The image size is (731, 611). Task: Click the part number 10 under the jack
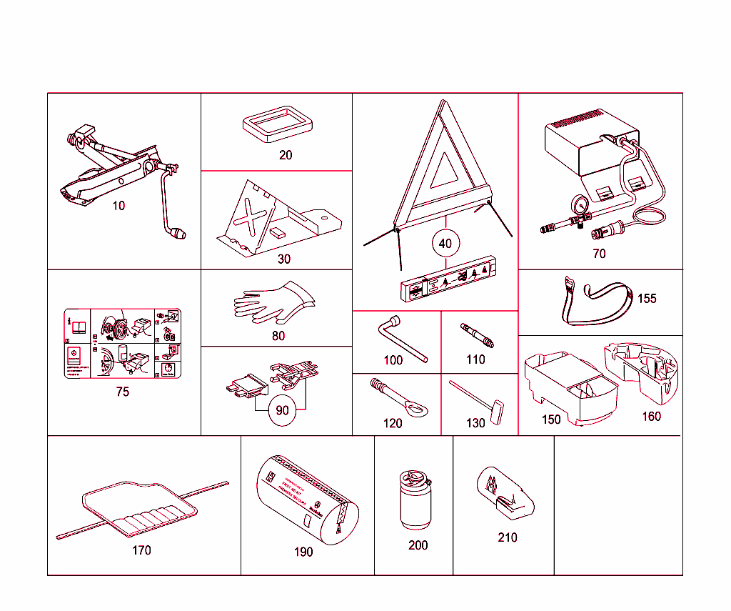pyautogui.click(x=119, y=206)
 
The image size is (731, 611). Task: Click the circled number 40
pyautogui.click(x=445, y=244)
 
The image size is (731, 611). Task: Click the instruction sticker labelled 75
pyautogui.click(x=122, y=344)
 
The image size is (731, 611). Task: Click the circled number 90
pyautogui.click(x=282, y=410)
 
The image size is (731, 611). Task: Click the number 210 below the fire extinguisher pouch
pyautogui.click(x=508, y=537)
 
